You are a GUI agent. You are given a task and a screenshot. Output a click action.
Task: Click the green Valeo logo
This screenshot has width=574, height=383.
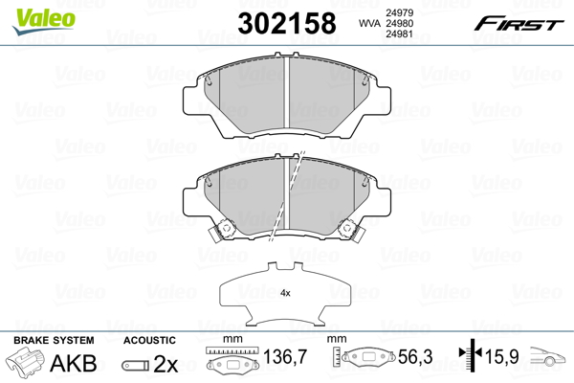[x=44, y=21]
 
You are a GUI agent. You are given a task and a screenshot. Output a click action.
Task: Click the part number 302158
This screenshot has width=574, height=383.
[x=287, y=23]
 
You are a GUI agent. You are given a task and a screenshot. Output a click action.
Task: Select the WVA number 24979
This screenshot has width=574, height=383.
[x=399, y=12]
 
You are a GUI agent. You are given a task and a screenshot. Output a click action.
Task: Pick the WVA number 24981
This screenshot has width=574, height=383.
[x=399, y=34]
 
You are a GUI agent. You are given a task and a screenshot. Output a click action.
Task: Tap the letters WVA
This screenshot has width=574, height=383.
[x=369, y=23]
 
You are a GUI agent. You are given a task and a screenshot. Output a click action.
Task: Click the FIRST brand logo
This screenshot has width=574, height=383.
[x=519, y=24]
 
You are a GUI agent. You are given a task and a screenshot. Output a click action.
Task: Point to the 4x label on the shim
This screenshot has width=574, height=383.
[x=285, y=293]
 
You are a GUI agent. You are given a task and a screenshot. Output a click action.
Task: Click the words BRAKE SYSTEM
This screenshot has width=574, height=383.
[x=54, y=340]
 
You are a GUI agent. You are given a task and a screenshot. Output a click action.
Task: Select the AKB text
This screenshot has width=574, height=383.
[x=74, y=363]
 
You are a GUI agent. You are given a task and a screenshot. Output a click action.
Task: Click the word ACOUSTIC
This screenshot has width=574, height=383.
[x=149, y=340]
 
